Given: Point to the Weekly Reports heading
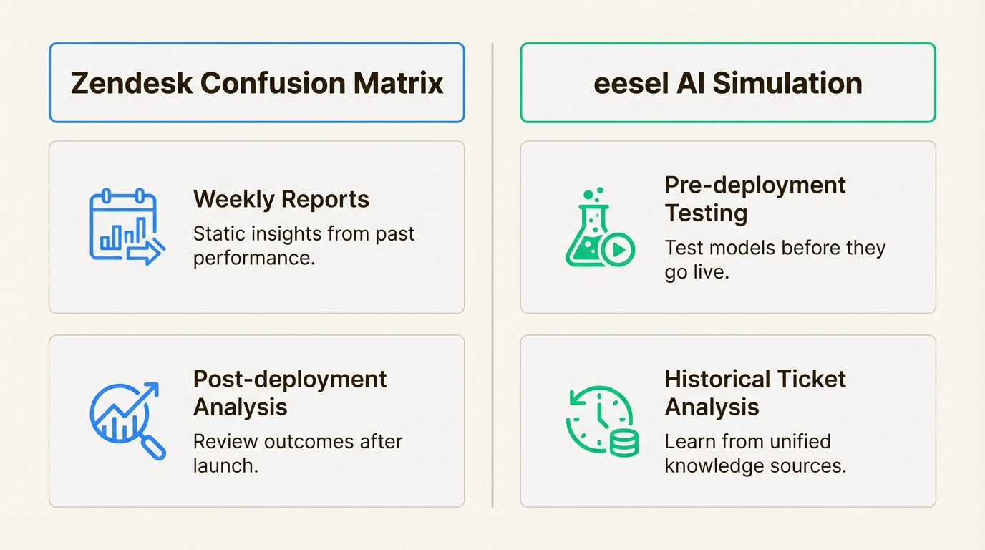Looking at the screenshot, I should point(281,198).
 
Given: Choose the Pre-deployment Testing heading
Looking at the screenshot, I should point(755,198).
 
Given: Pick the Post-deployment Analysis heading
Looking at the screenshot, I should point(290,392).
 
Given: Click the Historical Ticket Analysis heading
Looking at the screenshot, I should point(755,392).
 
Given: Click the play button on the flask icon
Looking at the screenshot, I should point(618,249).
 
